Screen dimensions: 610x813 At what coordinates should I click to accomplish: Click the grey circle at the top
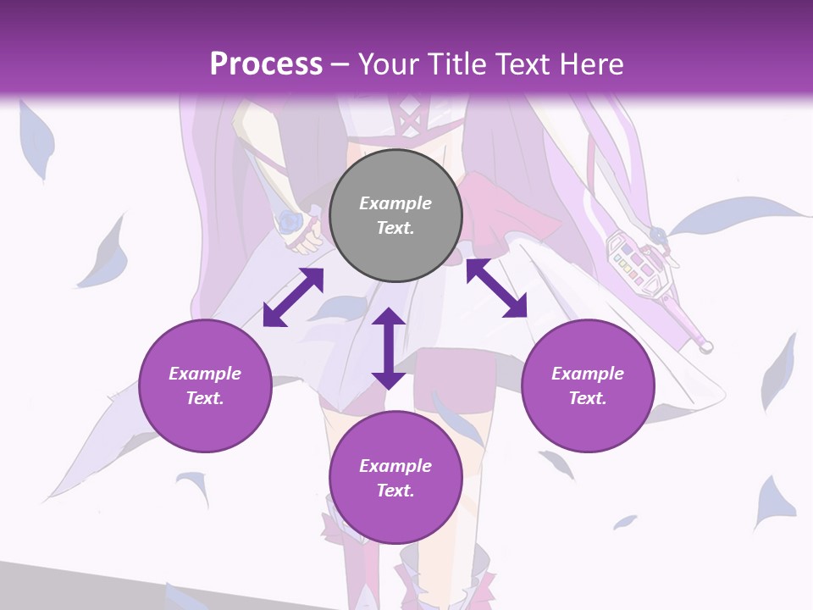pyautogui.click(x=395, y=216)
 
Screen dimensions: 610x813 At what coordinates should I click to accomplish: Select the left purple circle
pyautogui.click(x=205, y=385)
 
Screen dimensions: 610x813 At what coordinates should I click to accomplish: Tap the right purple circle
pyautogui.click(x=588, y=385)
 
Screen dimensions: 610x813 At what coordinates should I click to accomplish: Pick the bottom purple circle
pyautogui.click(x=395, y=478)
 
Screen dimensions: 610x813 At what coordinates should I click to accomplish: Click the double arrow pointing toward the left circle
pyautogui.click(x=293, y=297)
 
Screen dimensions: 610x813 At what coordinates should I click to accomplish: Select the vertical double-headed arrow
pyautogui.click(x=389, y=348)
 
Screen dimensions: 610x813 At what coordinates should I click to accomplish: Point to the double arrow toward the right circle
pyautogui.click(x=496, y=288)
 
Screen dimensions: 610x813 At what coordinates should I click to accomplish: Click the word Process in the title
pyautogui.click(x=266, y=64)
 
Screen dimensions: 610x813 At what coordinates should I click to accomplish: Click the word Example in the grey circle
pyautogui.click(x=395, y=203)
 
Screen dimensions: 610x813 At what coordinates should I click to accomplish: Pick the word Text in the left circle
pyautogui.click(x=205, y=398)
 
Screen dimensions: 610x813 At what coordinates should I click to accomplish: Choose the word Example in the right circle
pyautogui.click(x=588, y=374)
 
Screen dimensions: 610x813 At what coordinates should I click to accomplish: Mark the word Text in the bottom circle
pyautogui.click(x=395, y=491)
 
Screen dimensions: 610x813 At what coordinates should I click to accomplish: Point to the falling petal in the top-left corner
pyautogui.click(x=34, y=140)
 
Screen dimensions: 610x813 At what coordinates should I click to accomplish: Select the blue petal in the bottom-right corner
pyautogui.click(x=775, y=500)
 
